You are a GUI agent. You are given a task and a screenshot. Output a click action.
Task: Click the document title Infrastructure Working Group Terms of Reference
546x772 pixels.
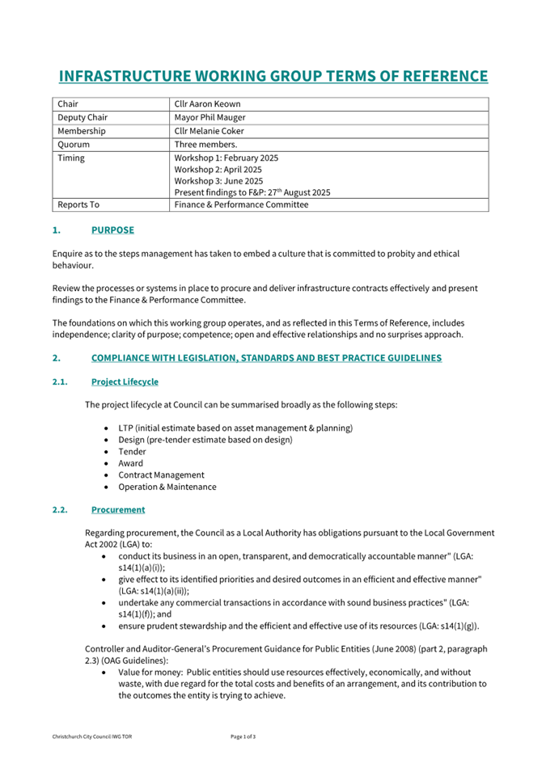click(x=273, y=77)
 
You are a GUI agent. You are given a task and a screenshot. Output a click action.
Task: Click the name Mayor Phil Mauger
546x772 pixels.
click(x=211, y=117)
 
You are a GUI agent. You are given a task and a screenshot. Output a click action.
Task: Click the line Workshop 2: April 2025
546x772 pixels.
click(x=218, y=170)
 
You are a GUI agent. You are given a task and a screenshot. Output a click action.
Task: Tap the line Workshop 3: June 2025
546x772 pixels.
click(x=218, y=181)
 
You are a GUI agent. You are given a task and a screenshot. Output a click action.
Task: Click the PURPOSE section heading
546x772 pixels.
click(x=112, y=230)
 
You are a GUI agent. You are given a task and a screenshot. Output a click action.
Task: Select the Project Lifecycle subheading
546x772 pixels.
click(x=125, y=382)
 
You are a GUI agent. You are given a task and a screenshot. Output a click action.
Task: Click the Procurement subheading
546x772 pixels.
click(x=118, y=510)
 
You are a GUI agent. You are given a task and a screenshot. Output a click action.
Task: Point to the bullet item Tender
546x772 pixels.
click(x=131, y=452)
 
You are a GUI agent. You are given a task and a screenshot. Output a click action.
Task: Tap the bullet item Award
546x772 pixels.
click(x=130, y=463)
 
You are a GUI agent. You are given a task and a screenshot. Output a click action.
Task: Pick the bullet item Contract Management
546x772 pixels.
click(x=161, y=475)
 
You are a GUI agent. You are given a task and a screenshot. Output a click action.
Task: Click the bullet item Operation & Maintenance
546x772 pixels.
click(x=167, y=487)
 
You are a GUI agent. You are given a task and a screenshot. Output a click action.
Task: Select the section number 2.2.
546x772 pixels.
click(x=61, y=510)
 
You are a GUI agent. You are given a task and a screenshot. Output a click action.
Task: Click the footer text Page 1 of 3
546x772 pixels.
click(x=243, y=736)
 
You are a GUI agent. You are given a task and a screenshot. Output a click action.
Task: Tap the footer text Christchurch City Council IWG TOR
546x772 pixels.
click(x=92, y=736)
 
